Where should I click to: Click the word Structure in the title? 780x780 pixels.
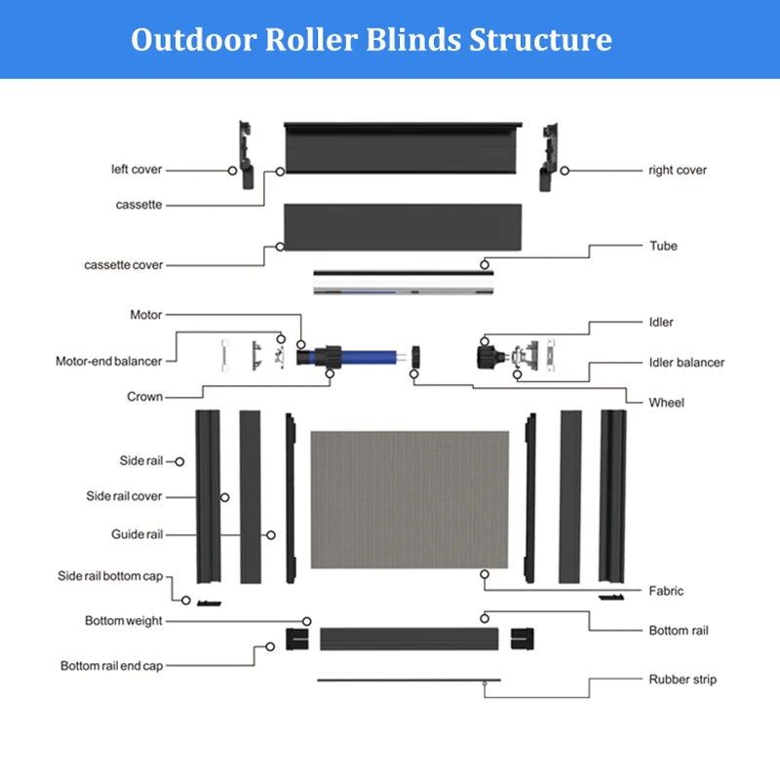541,39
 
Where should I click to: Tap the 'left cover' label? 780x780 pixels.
136,170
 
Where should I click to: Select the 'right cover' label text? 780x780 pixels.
678,170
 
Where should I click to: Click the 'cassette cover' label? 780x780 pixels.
124,265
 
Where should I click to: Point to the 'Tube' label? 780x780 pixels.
663,246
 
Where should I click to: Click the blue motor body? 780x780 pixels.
369,357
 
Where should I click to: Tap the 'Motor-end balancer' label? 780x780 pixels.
109,361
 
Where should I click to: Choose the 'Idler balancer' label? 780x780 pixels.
686,363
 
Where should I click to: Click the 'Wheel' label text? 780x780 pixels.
667,403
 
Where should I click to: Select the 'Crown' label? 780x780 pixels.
144,397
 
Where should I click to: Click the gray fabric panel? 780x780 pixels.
409,499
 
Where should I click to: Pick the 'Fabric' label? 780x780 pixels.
666,591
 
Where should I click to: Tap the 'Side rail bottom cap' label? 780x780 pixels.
110,576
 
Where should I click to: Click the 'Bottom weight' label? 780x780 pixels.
124,621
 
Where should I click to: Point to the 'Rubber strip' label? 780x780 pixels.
682,680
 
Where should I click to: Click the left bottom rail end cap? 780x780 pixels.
297,640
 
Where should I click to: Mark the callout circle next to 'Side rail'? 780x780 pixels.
179,461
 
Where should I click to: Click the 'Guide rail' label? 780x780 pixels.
136,534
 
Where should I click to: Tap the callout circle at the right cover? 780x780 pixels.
565,171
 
